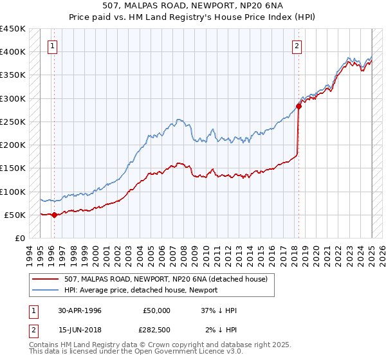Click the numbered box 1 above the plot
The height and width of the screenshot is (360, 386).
click(52, 46)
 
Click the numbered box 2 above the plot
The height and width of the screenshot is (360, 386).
click(297, 46)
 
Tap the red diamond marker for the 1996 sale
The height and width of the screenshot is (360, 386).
click(54, 215)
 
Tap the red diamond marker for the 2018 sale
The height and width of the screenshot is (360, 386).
click(299, 106)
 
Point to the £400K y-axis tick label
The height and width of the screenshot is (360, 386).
click(13, 52)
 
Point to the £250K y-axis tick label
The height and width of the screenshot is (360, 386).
click(13, 122)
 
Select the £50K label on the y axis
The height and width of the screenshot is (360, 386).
click(15, 215)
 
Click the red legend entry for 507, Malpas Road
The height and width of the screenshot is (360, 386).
click(170, 278)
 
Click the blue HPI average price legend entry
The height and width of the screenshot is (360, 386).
click(140, 290)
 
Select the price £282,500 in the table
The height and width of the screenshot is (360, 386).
click(156, 330)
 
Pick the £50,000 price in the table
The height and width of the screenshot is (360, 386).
click(156, 310)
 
